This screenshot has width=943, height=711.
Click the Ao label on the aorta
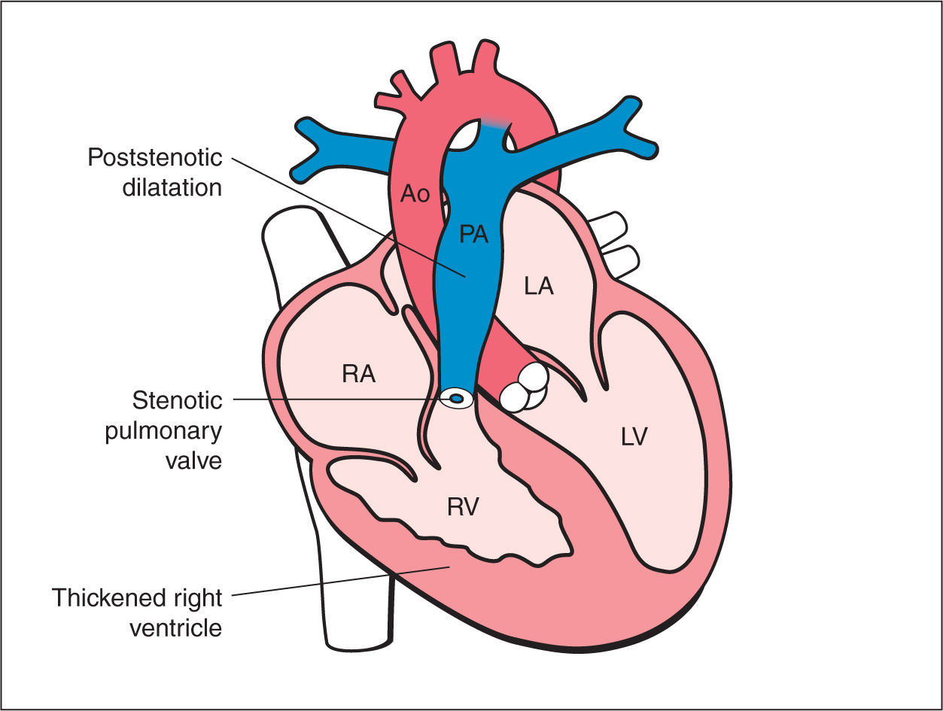pyautogui.click(x=414, y=195)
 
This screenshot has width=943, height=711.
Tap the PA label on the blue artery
pyautogui.click(x=474, y=235)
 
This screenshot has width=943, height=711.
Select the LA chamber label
pyautogui.click(x=539, y=286)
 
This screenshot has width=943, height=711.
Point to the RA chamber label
pyautogui.click(x=358, y=374)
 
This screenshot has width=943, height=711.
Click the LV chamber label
pyautogui.click(x=634, y=437)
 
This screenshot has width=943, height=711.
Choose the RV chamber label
pyautogui.click(x=463, y=508)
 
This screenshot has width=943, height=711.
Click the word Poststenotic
pyautogui.click(x=154, y=158)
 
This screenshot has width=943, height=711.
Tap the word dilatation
pyautogui.click(x=172, y=187)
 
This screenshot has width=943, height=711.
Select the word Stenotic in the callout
pyautogui.click(x=177, y=400)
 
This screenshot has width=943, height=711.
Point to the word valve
pyautogui.click(x=193, y=459)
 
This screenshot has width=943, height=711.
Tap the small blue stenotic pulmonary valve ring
pyautogui.click(x=456, y=397)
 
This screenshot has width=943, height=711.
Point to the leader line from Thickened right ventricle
pyautogui.click(x=339, y=582)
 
